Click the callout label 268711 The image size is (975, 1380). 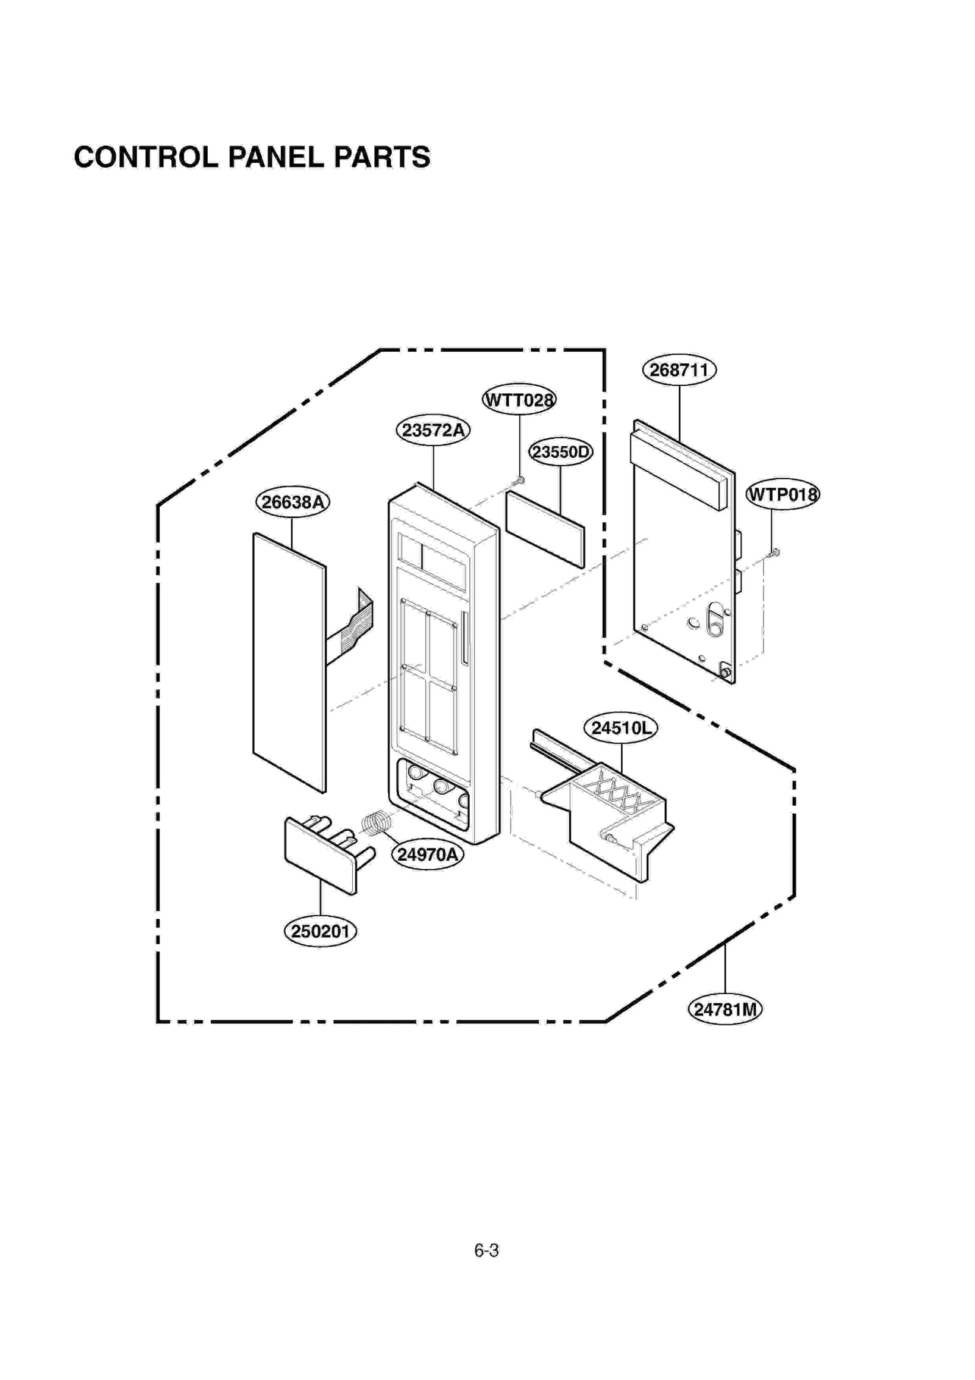[x=679, y=370]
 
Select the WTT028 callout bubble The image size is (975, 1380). [x=519, y=400]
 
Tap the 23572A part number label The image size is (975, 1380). [x=433, y=430]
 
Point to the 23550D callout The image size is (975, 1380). [x=560, y=452]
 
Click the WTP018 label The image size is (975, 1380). [x=783, y=494]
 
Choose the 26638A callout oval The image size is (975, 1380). [x=292, y=502]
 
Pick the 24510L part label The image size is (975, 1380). [x=621, y=728]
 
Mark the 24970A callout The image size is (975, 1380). [x=427, y=855]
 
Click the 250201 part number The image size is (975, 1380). [x=321, y=931]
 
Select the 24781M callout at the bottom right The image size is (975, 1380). [x=725, y=1010]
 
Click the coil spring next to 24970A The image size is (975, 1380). [x=375, y=823]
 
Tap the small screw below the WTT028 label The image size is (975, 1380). [x=519, y=482]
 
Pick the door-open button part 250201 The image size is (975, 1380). [x=322, y=856]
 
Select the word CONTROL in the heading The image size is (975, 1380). [x=146, y=157]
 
